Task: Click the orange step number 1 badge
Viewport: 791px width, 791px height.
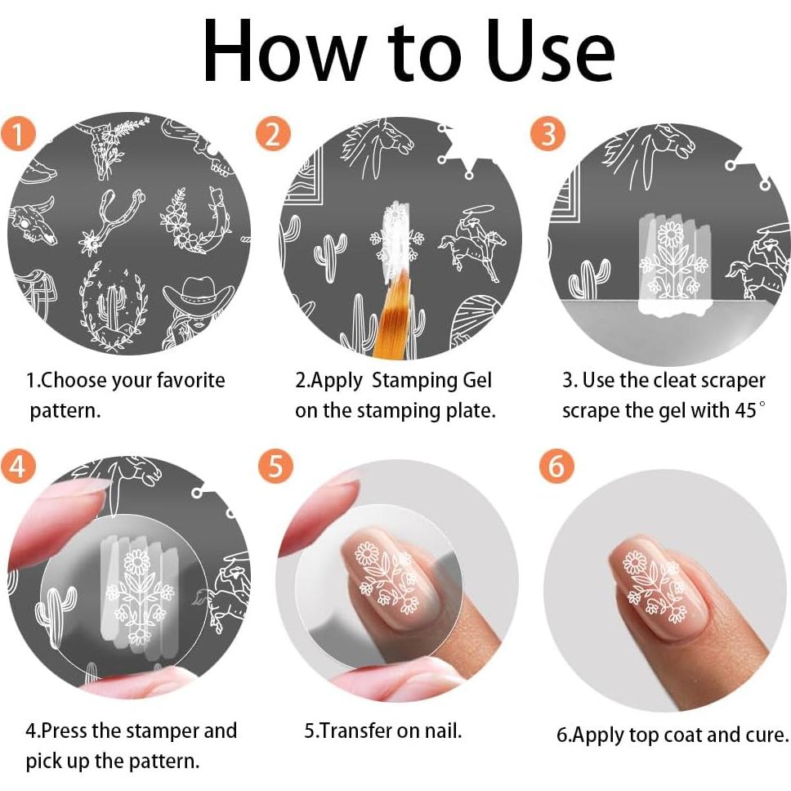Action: click(x=18, y=134)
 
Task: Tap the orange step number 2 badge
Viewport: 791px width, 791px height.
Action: click(x=273, y=134)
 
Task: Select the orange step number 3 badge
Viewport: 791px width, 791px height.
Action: click(x=547, y=134)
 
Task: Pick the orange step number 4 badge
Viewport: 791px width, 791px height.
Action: click(x=18, y=466)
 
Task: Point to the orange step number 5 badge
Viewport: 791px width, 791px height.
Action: click(x=275, y=466)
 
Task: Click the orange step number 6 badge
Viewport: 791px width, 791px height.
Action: click(x=556, y=466)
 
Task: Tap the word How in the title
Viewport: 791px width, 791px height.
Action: click(x=285, y=51)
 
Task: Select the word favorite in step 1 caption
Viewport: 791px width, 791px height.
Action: click(x=190, y=380)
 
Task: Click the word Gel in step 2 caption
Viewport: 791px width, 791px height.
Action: click(x=476, y=380)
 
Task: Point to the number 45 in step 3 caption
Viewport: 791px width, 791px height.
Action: click(x=745, y=410)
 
